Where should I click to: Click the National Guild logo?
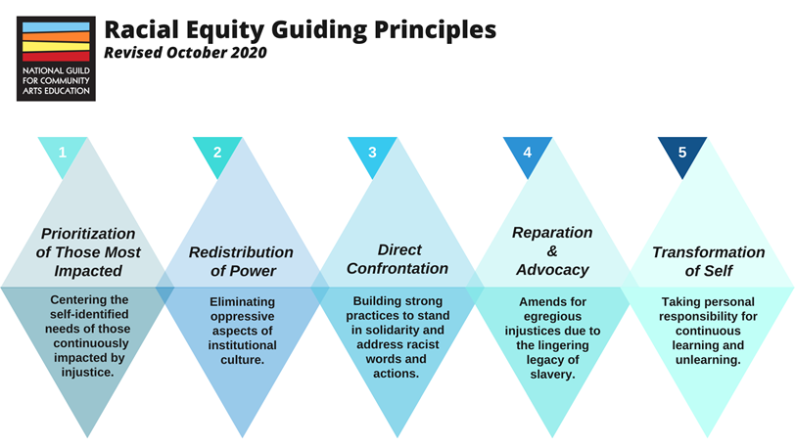(x=56, y=58)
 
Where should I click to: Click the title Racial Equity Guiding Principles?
(x=300, y=29)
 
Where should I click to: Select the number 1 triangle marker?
(x=63, y=153)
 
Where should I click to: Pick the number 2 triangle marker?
(x=217, y=153)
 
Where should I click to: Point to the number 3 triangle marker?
(x=372, y=153)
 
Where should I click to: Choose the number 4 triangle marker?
(x=528, y=153)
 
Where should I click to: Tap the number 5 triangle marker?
(x=681, y=153)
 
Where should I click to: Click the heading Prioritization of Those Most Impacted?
(x=88, y=251)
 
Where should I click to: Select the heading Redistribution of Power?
(x=241, y=261)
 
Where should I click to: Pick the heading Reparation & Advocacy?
(x=552, y=250)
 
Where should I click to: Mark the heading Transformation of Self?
(x=708, y=261)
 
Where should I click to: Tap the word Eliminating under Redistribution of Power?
(x=242, y=302)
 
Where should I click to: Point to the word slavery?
(x=551, y=375)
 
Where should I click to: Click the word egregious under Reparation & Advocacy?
(x=551, y=317)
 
